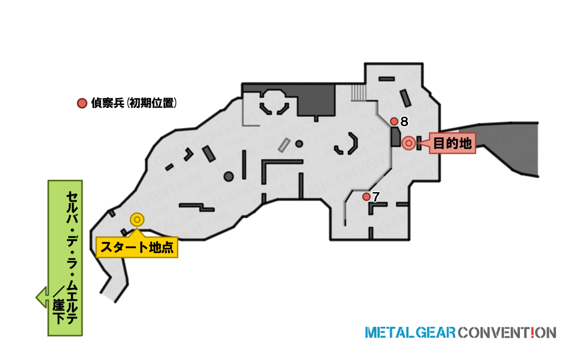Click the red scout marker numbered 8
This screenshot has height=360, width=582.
tap(394, 122)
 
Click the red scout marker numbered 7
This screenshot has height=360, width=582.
tap(366, 197)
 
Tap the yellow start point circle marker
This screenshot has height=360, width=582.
tap(137, 220)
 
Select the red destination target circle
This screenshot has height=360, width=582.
tap(409, 143)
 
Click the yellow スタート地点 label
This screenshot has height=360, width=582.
tap(137, 247)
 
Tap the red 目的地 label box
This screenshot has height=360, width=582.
tap(452, 143)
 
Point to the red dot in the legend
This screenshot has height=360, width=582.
tap(81, 103)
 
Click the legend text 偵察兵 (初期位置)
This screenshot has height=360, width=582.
tap(134, 103)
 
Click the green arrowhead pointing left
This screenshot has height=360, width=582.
tap(42, 297)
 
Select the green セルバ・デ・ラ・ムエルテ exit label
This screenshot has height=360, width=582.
tap(65, 258)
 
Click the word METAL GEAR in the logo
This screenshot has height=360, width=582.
tap(410, 332)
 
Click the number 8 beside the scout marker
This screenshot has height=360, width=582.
tap(404, 122)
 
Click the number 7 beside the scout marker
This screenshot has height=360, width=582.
tap(376, 197)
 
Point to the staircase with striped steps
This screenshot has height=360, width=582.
tap(359, 92)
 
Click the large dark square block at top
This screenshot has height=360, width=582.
tap(316, 100)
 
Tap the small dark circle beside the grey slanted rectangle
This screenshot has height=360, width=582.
tap(299, 143)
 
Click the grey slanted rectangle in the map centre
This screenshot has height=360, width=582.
tap(284, 145)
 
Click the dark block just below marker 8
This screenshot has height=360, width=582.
tap(396, 137)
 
